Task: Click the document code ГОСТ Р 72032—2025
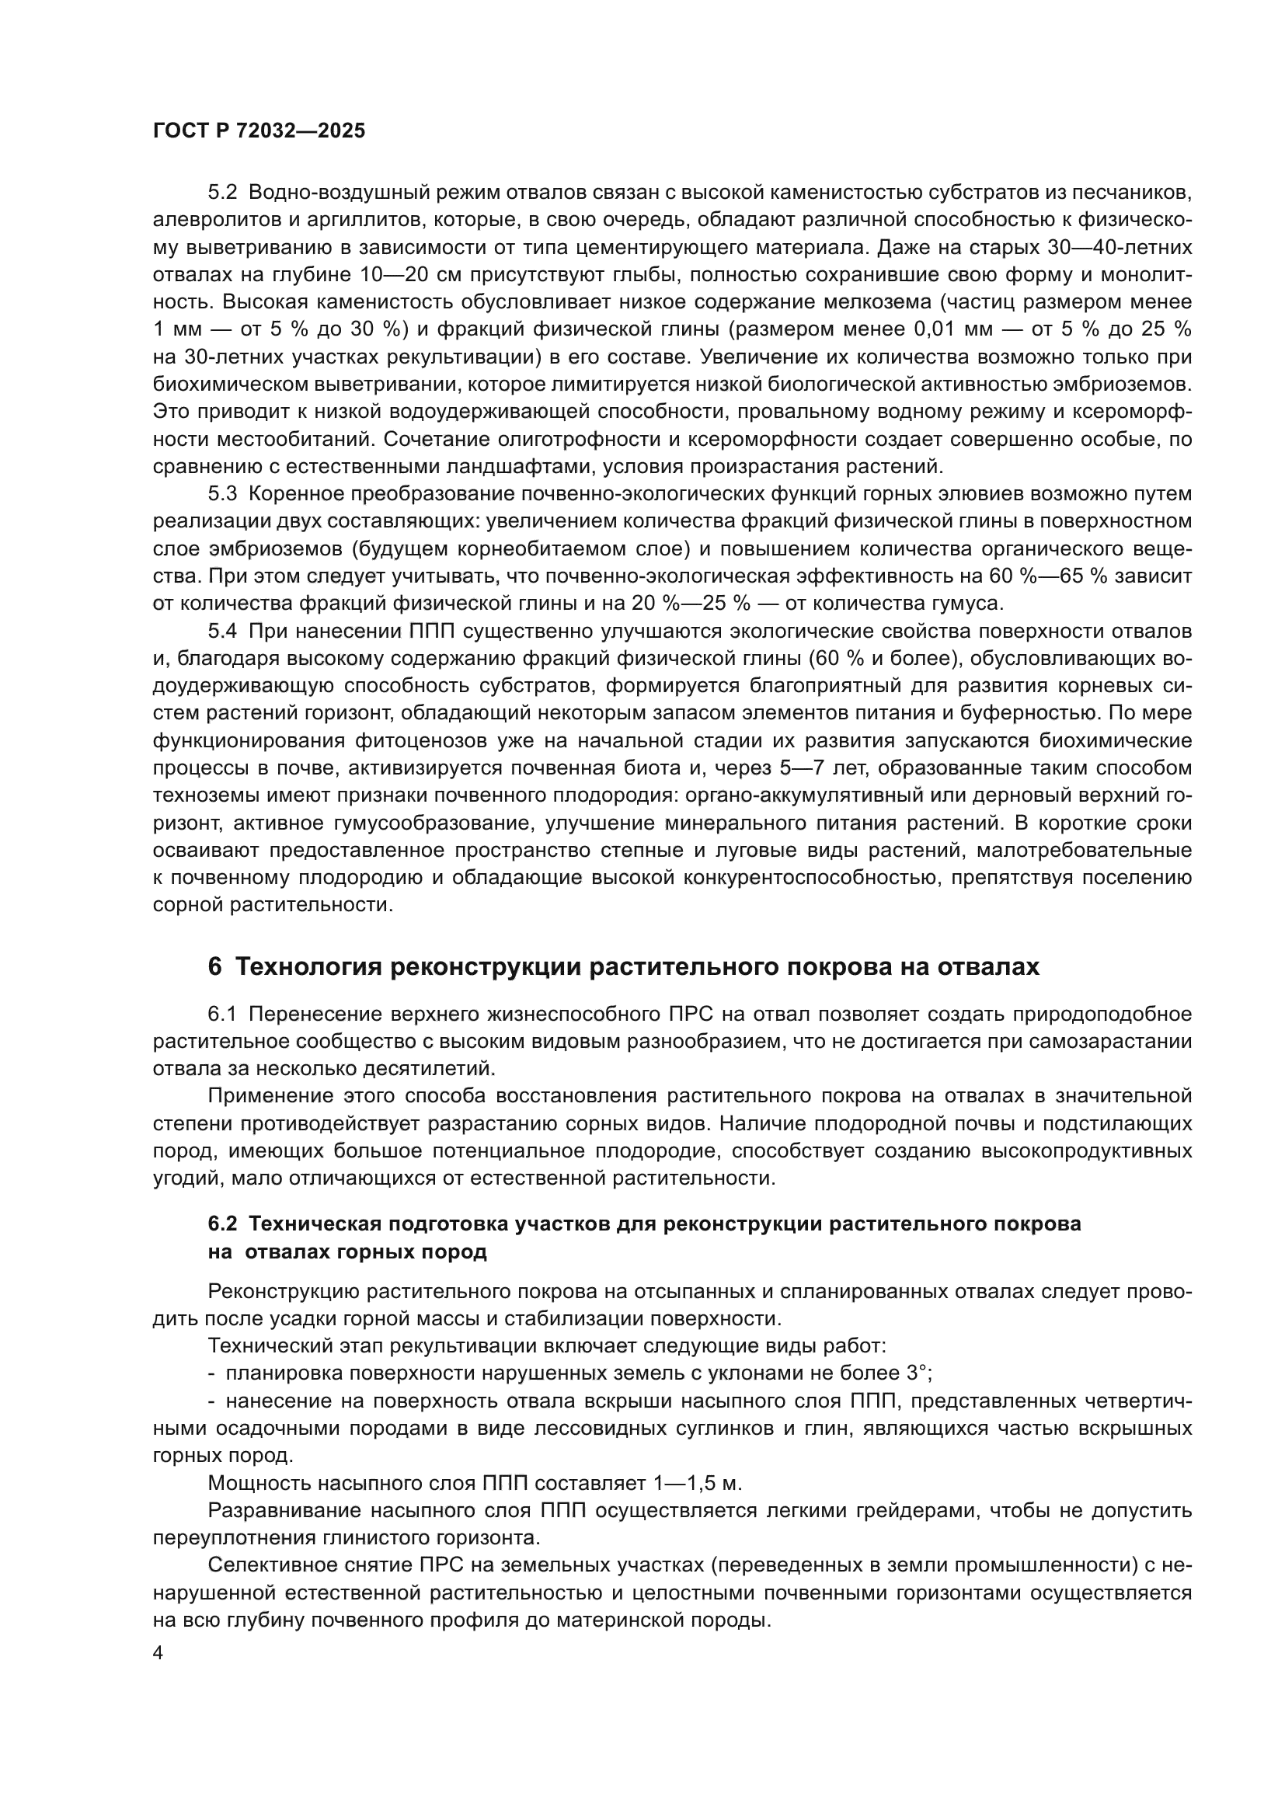[259, 131]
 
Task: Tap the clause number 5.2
[222, 193]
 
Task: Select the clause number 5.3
[222, 494]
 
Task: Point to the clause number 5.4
[222, 631]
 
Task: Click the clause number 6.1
[222, 1014]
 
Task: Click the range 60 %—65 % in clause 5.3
[1051, 576]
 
